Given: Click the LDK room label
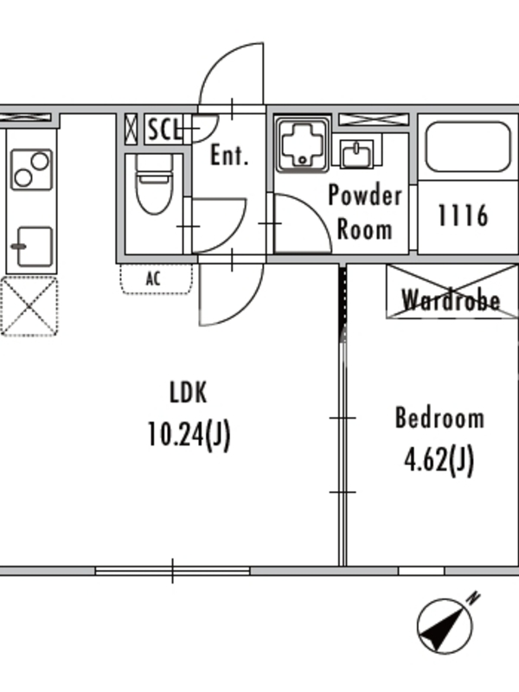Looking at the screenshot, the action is coord(188,393).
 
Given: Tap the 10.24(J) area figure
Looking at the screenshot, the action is coord(189,435).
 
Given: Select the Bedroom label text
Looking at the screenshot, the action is coord(439,418).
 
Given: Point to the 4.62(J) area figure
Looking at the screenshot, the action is coord(439,460).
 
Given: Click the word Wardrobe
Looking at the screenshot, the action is coord(451,300).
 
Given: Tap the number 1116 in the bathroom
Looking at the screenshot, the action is coord(463,215).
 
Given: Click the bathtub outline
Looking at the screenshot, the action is coord(468,146).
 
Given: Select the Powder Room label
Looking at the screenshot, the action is coord(365,212).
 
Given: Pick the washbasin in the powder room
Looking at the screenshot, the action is coord(356,154).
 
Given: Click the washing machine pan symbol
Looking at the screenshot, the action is coord(303,144).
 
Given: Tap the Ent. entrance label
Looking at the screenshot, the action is coord(229,155).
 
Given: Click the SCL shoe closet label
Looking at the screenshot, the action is coord(164,129).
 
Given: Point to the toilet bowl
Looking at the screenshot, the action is coord(154,184).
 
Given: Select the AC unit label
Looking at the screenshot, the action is coord(153,279).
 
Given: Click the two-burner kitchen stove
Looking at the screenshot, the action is coord(32,170).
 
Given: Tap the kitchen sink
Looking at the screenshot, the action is coord(33,247).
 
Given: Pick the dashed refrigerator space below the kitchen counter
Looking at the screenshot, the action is coord(29,306).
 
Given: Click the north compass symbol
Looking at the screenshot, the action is coord(445,625).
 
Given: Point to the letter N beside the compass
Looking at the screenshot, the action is coord(474,598).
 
